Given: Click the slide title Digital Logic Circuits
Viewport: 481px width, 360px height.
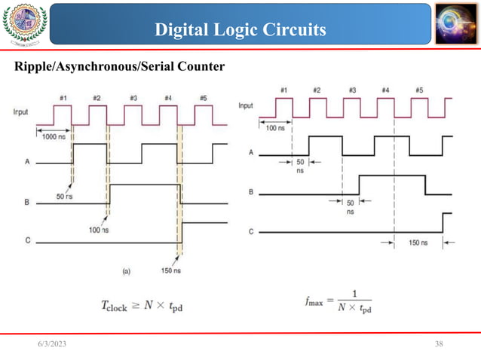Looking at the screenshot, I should point(240,29).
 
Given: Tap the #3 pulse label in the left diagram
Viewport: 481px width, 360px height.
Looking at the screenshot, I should point(133,98).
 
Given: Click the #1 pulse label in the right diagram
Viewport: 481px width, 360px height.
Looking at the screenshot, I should point(283,90).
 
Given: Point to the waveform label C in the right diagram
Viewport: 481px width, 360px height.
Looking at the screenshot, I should point(251,233).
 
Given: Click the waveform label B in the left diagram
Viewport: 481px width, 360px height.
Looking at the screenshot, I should point(27,202).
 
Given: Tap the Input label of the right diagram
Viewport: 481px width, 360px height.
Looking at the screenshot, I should point(246,106).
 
